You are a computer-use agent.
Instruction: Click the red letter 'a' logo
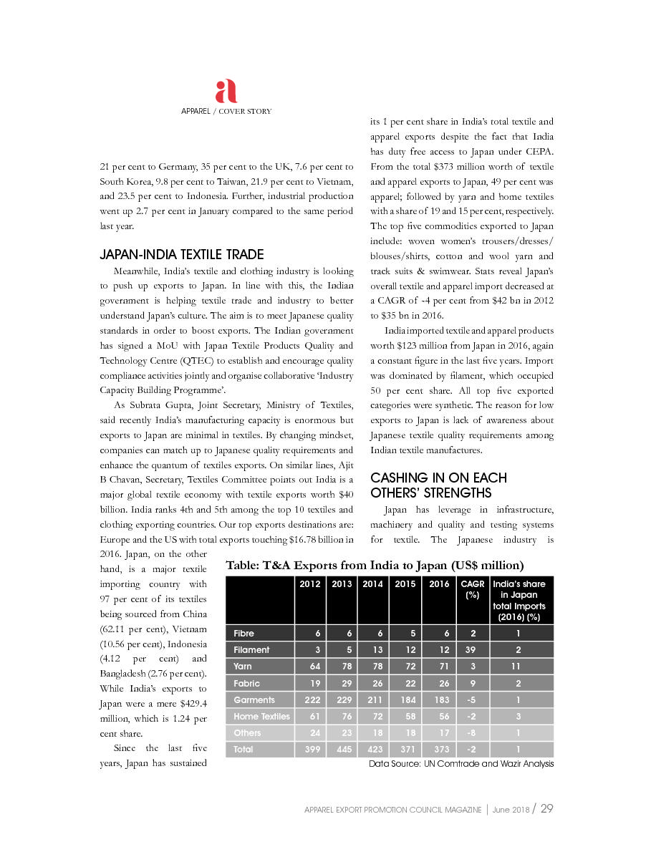(226, 92)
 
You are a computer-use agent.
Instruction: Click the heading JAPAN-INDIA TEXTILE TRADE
(182, 254)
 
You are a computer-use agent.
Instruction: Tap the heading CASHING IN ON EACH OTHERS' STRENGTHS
(438, 485)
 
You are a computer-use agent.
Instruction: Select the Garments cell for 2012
(310, 699)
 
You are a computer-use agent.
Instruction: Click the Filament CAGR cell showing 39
(473, 650)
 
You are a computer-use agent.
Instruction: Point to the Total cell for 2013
(342, 750)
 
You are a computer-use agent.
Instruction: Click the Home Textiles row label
(261, 716)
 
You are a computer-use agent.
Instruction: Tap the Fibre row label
(244, 634)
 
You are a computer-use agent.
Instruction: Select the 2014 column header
(372, 583)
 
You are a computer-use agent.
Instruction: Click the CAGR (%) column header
(473, 589)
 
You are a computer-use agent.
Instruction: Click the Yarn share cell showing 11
(520, 667)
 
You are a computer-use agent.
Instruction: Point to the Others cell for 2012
(310, 733)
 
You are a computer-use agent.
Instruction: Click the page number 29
(547, 808)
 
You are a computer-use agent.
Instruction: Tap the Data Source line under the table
(461, 764)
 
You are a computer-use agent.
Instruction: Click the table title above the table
(375, 566)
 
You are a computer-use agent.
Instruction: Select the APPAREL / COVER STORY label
(226, 112)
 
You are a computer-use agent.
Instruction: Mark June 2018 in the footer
(511, 809)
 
